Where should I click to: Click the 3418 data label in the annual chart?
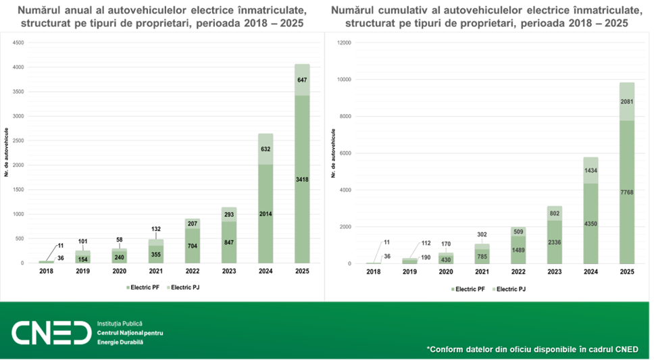[x=302, y=179]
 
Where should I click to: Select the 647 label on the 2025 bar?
[x=302, y=80]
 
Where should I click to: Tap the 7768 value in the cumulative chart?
[x=628, y=192]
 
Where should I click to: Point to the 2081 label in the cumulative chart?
[x=628, y=101]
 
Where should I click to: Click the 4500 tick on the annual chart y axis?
[x=18, y=43]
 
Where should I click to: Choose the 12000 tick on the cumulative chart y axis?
[x=344, y=43]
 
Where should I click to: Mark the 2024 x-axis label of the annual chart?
[x=265, y=272]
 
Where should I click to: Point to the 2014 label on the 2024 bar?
[x=265, y=213]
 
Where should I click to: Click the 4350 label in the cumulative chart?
[x=591, y=224]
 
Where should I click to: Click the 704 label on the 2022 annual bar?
[x=191, y=246]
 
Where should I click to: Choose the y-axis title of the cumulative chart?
[x=334, y=154]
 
